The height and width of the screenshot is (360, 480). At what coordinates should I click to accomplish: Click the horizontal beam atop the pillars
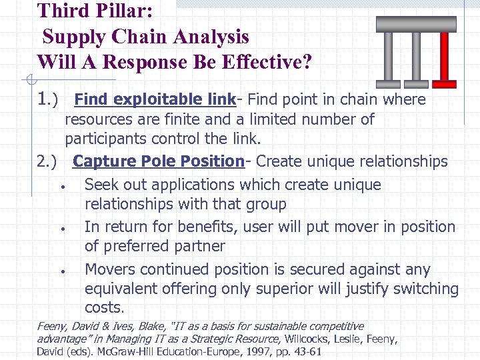pos(416,24)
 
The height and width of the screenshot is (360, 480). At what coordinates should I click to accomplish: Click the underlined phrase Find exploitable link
pos(155,100)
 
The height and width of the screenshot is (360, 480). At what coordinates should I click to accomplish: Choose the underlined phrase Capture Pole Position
pos(158,161)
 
